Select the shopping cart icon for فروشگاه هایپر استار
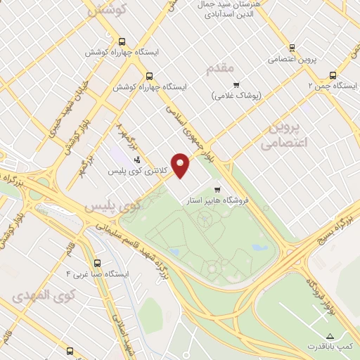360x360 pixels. [217, 188]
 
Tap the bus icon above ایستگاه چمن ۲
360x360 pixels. [333, 75]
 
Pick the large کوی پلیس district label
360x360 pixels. [112, 206]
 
